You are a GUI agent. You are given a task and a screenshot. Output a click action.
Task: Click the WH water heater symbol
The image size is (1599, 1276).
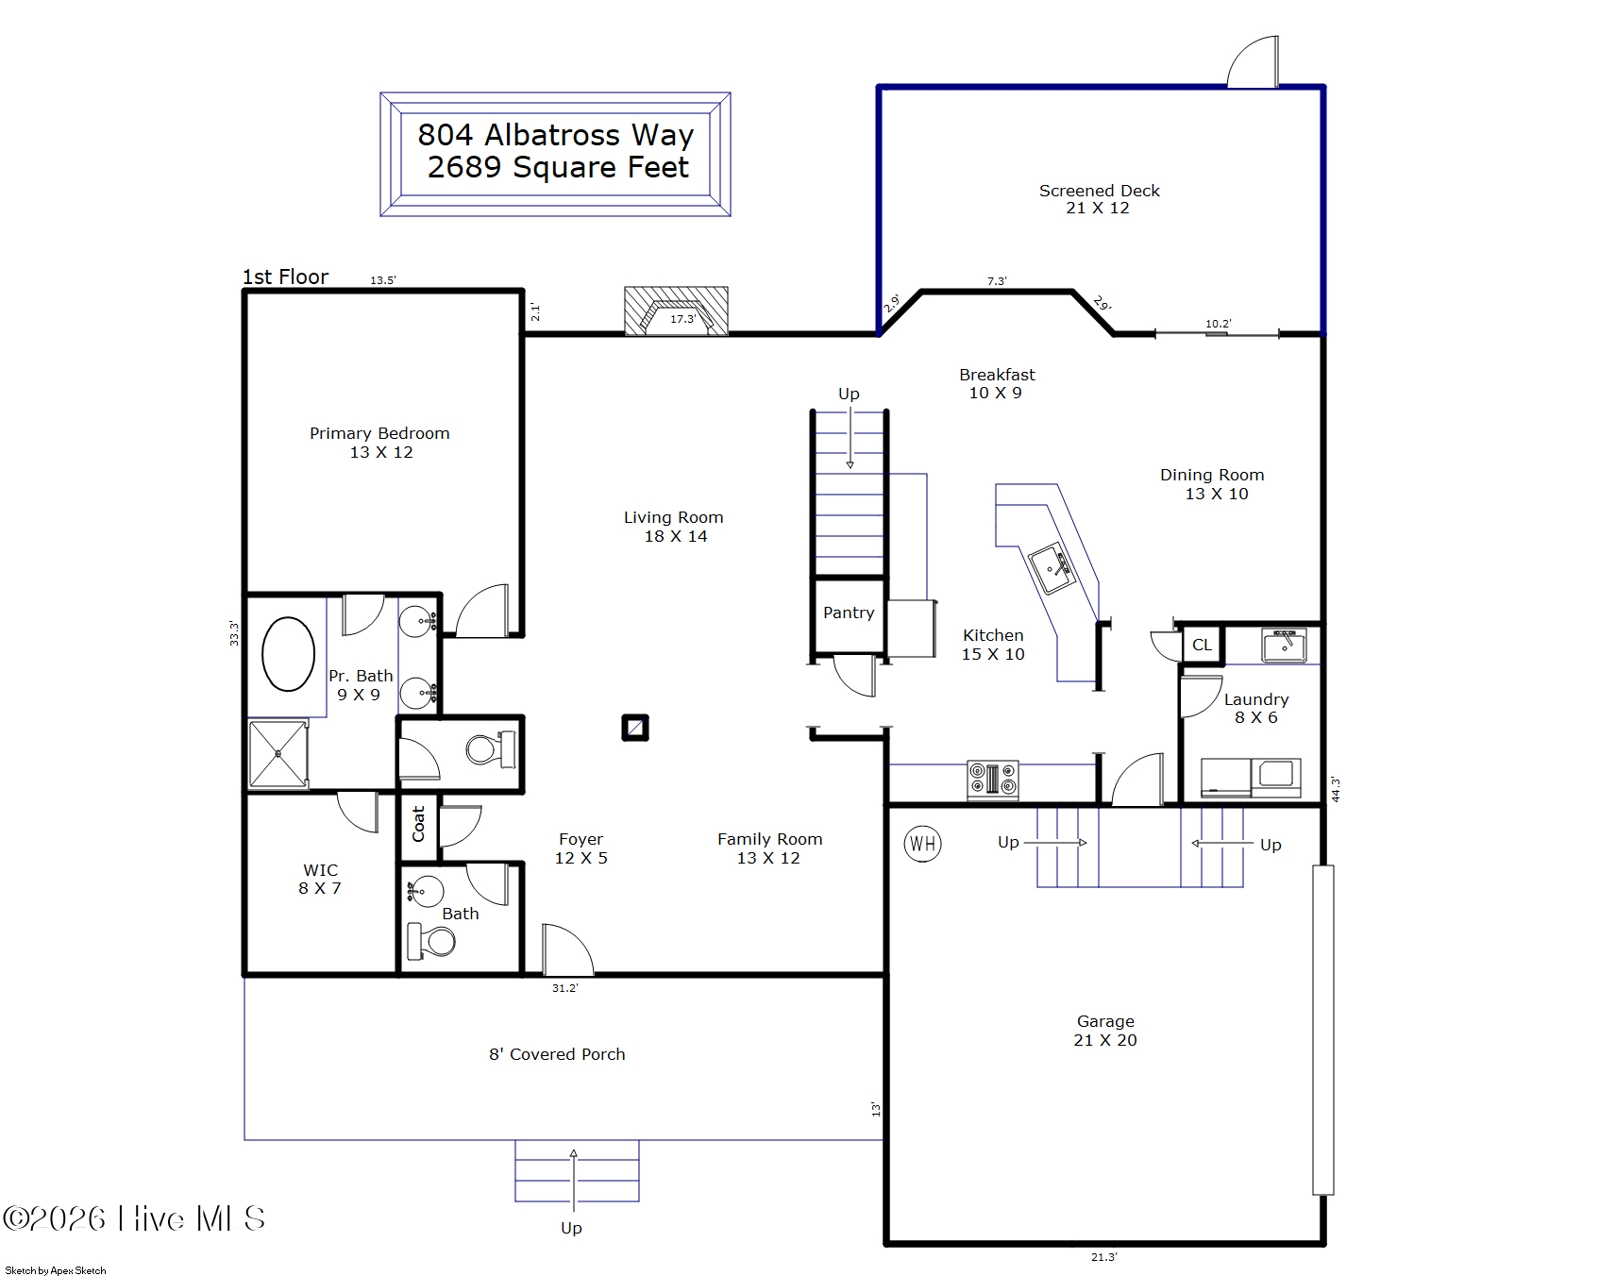922,843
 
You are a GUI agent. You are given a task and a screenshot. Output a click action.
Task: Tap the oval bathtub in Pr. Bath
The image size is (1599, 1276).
288,654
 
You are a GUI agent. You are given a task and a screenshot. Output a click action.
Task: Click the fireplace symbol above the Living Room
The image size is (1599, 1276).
676,311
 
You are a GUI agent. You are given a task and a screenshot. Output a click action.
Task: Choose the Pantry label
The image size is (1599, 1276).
849,613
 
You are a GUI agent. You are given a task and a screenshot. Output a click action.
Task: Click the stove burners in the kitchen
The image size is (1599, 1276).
993,781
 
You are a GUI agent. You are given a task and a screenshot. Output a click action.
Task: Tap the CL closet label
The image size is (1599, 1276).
1202,645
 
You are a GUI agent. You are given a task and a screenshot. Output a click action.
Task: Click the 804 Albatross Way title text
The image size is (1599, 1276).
556,135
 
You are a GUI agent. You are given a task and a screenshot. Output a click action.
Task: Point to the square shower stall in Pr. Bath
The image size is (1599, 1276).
278,753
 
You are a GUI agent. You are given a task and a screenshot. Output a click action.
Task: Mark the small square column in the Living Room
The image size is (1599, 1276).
635,728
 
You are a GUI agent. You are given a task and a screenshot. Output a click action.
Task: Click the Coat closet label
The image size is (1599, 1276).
418,823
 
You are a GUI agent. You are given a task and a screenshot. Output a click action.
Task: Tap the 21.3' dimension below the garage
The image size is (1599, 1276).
1103,1257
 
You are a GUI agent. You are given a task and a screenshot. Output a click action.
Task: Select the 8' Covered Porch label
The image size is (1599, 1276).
557,1054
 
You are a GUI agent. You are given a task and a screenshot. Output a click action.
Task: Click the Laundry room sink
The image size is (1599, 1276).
1285,646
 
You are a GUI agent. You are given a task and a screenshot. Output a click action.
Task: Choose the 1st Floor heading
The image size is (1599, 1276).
285,277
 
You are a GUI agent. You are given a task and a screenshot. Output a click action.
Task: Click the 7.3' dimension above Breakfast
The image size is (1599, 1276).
997,281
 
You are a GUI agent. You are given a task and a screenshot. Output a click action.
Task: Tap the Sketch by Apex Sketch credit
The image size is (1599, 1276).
56,1270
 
